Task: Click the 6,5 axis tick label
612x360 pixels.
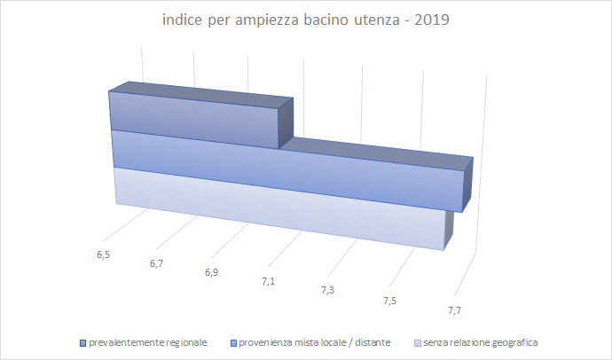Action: [x=103, y=254]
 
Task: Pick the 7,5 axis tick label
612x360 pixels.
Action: [x=389, y=301]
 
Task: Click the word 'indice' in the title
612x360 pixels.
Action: [x=182, y=19]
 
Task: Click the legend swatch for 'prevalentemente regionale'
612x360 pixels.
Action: [x=82, y=341]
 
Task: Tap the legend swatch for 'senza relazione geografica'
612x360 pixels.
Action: [x=416, y=341]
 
